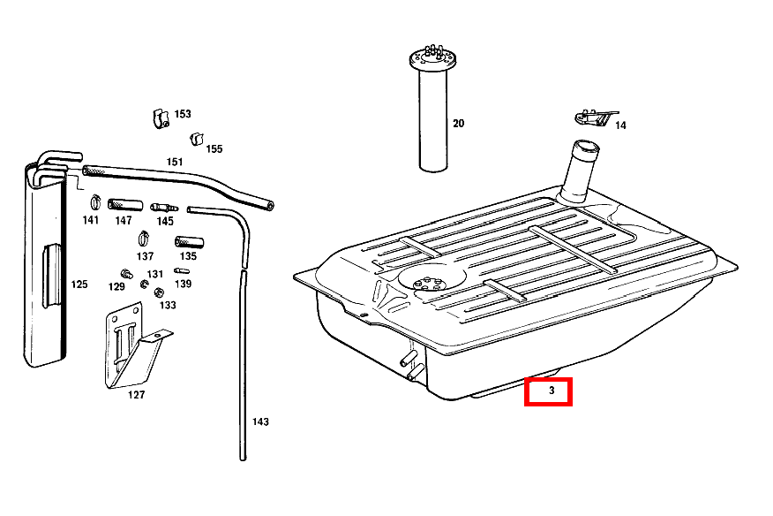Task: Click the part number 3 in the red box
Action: (x=552, y=391)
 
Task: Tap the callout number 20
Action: (x=458, y=124)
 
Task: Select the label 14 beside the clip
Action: (x=620, y=125)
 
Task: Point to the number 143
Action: (x=260, y=421)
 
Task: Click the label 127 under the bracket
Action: (x=136, y=395)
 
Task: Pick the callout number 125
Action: (x=79, y=284)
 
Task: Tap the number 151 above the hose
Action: (x=175, y=162)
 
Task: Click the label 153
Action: (x=183, y=114)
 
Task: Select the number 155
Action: (x=214, y=148)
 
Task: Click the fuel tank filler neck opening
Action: (x=585, y=147)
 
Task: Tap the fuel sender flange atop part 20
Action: (x=432, y=59)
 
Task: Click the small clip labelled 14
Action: (x=595, y=118)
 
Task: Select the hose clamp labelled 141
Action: (x=95, y=202)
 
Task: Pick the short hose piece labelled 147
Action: (x=125, y=204)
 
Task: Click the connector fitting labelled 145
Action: (x=164, y=208)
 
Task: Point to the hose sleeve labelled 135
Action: (x=190, y=242)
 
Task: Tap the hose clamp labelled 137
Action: (x=144, y=239)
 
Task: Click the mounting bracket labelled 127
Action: (x=133, y=345)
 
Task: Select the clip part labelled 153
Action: (x=161, y=118)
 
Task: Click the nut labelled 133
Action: (x=159, y=292)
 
